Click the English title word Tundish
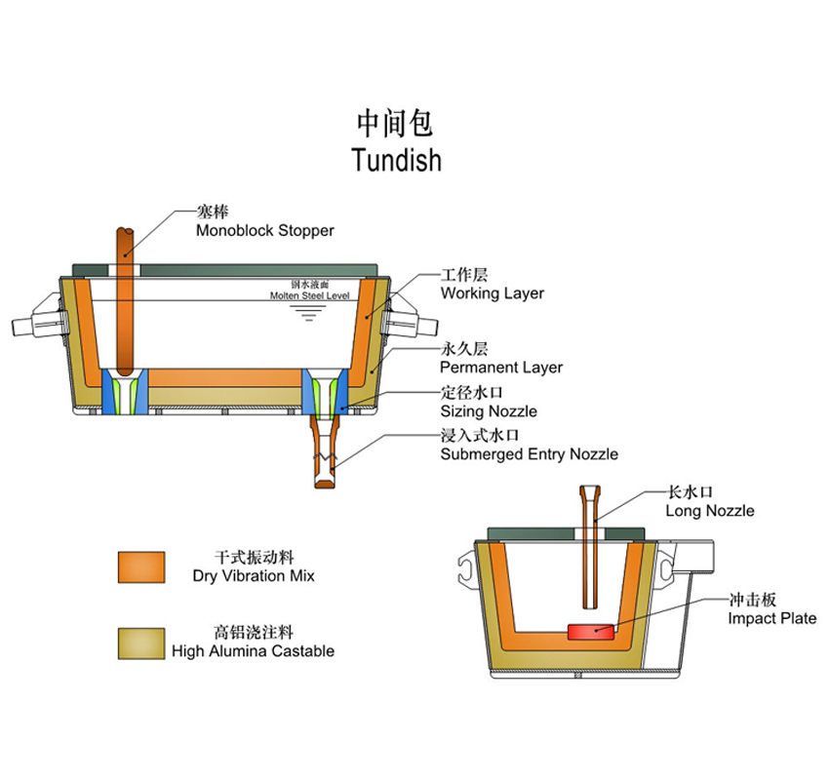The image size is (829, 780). click(397, 160)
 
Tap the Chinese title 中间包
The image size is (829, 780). click(395, 124)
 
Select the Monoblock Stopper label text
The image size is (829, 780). click(265, 230)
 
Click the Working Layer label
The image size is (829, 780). click(493, 292)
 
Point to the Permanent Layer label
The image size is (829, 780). click(501, 367)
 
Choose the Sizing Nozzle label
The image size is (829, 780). click(489, 411)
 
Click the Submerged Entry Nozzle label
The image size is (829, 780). click(530, 454)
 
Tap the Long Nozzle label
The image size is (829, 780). click(709, 511)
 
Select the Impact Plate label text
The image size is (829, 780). click(771, 618)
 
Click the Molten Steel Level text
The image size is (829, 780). click(310, 295)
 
